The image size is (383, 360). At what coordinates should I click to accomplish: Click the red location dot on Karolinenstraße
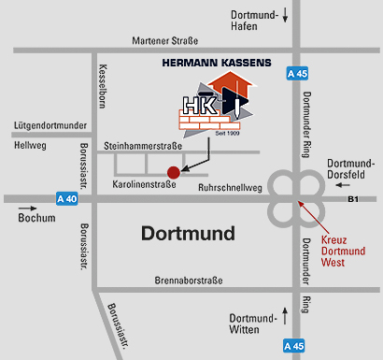[172, 171]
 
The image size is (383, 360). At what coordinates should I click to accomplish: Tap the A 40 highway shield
[66, 198]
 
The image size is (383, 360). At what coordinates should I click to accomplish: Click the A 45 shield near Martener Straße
[296, 73]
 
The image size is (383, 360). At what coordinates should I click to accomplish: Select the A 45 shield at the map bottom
[296, 347]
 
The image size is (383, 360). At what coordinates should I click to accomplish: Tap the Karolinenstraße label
[143, 186]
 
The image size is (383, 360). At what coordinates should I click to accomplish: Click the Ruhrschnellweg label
[229, 186]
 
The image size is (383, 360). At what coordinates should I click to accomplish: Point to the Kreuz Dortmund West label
[340, 252]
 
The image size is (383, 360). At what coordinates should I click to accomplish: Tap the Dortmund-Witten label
[252, 323]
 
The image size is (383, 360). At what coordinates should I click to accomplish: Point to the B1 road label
[352, 198]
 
